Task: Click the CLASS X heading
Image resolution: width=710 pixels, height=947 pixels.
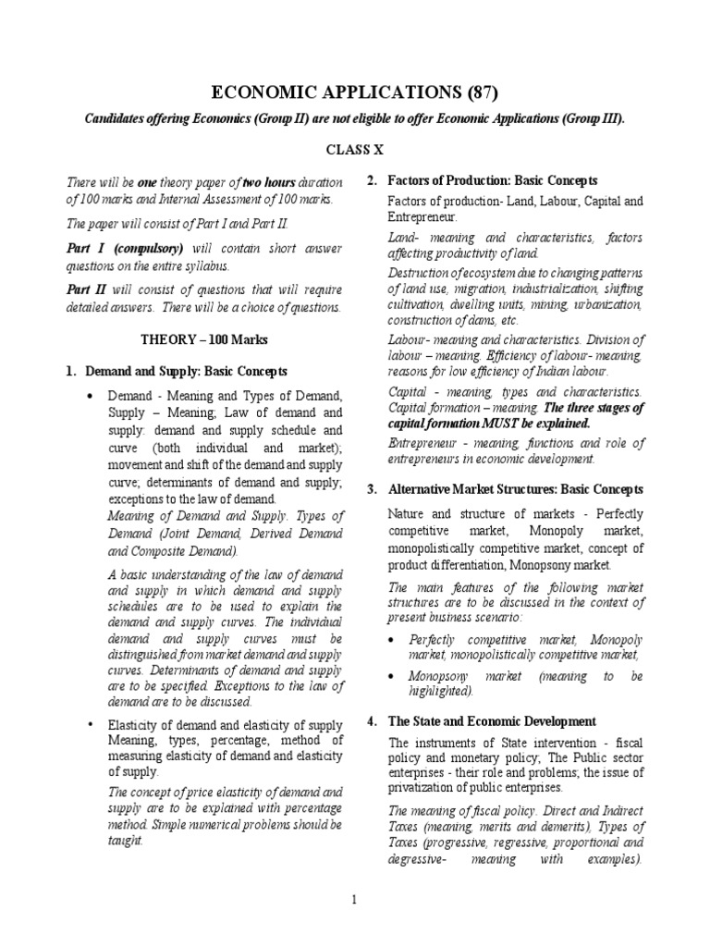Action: pyautogui.click(x=355, y=148)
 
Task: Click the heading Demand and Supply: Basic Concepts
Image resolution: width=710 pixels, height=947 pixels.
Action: pyautogui.click(x=186, y=371)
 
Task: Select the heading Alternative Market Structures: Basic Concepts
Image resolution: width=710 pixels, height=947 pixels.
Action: pyautogui.click(x=515, y=489)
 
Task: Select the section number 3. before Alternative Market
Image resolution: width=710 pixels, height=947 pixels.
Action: pyautogui.click(x=372, y=489)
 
